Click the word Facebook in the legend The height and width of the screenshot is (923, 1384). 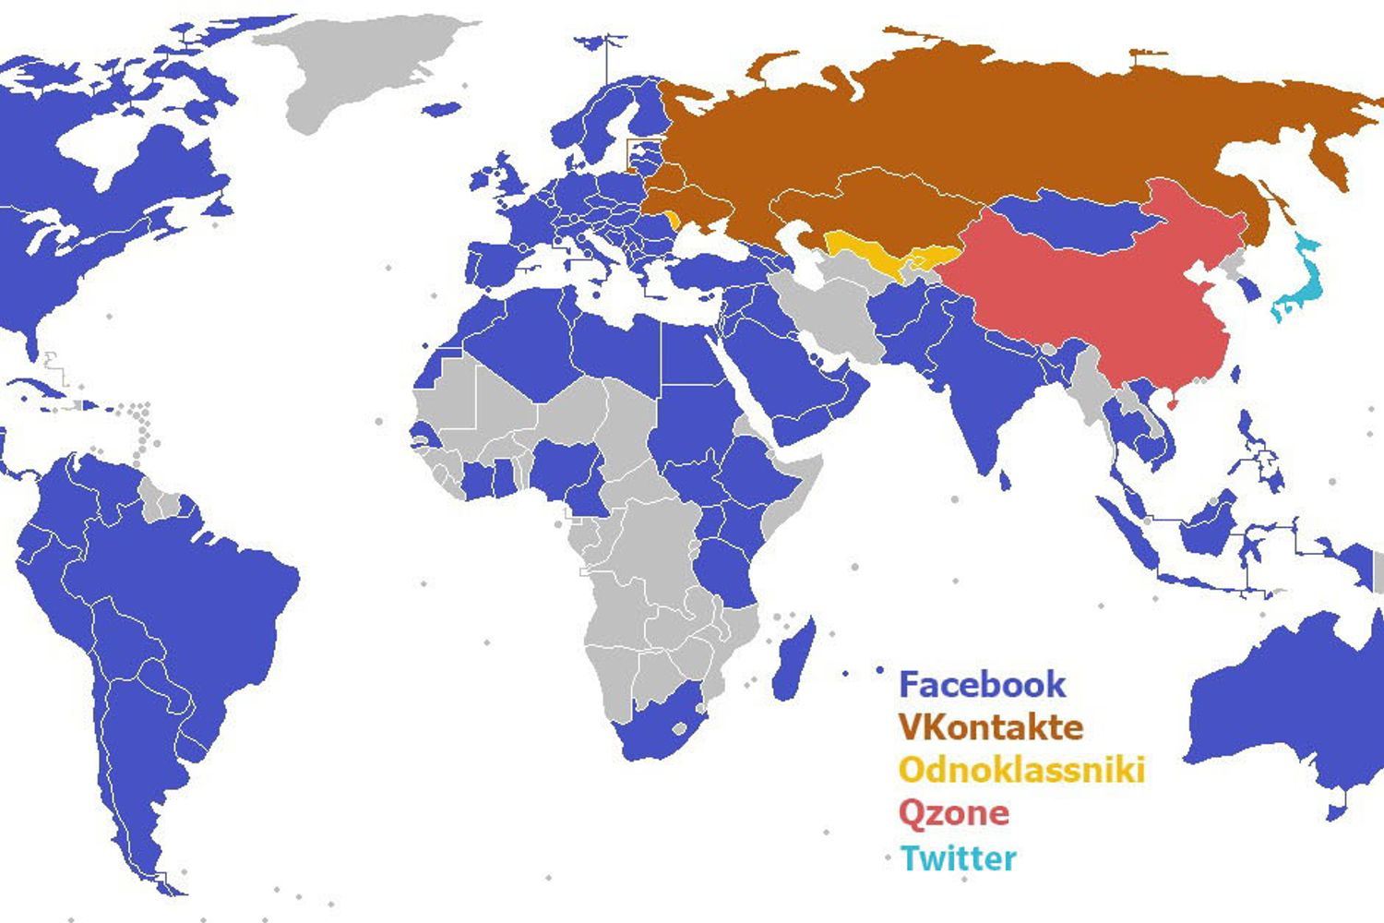(982, 685)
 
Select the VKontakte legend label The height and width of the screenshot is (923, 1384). (990, 727)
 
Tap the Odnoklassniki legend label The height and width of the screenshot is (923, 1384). (1021, 770)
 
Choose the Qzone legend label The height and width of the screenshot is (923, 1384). (953, 813)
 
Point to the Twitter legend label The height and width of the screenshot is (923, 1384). (958, 858)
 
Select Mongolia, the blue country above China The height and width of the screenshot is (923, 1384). (1070, 222)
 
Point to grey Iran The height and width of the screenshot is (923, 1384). (835, 314)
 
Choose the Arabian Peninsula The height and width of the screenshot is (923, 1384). (793, 378)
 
